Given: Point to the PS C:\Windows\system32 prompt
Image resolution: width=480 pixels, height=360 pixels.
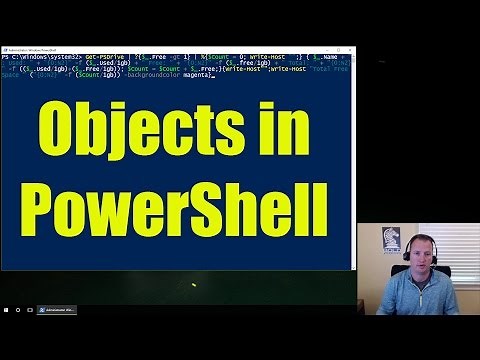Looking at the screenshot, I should click(34, 57).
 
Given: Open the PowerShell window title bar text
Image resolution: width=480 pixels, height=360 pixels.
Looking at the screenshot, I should click(30, 48).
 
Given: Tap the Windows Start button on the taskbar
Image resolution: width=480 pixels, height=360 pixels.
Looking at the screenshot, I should click(4, 310).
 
